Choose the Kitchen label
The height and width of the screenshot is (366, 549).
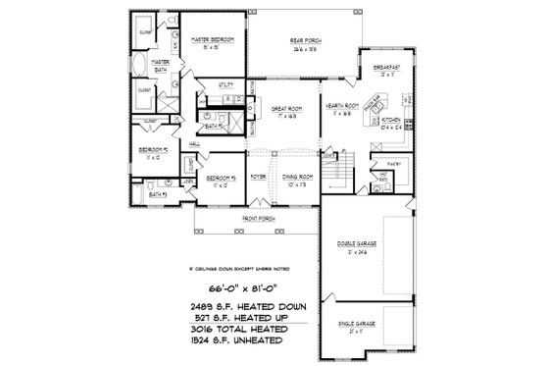click(x=389, y=123)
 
